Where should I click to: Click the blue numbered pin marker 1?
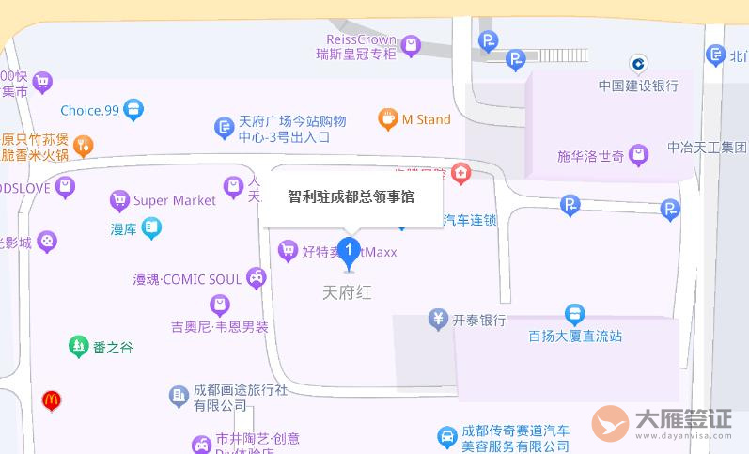(349, 250)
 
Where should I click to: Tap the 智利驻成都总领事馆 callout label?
(351, 196)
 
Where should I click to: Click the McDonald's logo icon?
(52, 400)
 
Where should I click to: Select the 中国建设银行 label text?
(638, 86)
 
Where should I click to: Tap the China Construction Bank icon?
(639, 64)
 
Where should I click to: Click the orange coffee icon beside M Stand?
(387, 119)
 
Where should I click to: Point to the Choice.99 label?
(89, 110)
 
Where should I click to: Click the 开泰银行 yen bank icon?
(437, 320)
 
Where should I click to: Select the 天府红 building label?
(347, 292)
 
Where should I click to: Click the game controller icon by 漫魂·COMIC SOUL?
(256, 277)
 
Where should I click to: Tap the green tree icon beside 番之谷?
(78, 347)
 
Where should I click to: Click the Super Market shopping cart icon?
(119, 200)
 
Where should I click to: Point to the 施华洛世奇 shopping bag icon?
(639, 155)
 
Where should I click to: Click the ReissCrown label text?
(361, 39)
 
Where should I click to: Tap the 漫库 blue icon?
(150, 227)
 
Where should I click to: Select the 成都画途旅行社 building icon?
(179, 397)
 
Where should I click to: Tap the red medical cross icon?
(460, 173)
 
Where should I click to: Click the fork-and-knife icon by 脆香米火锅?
(84, 145)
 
